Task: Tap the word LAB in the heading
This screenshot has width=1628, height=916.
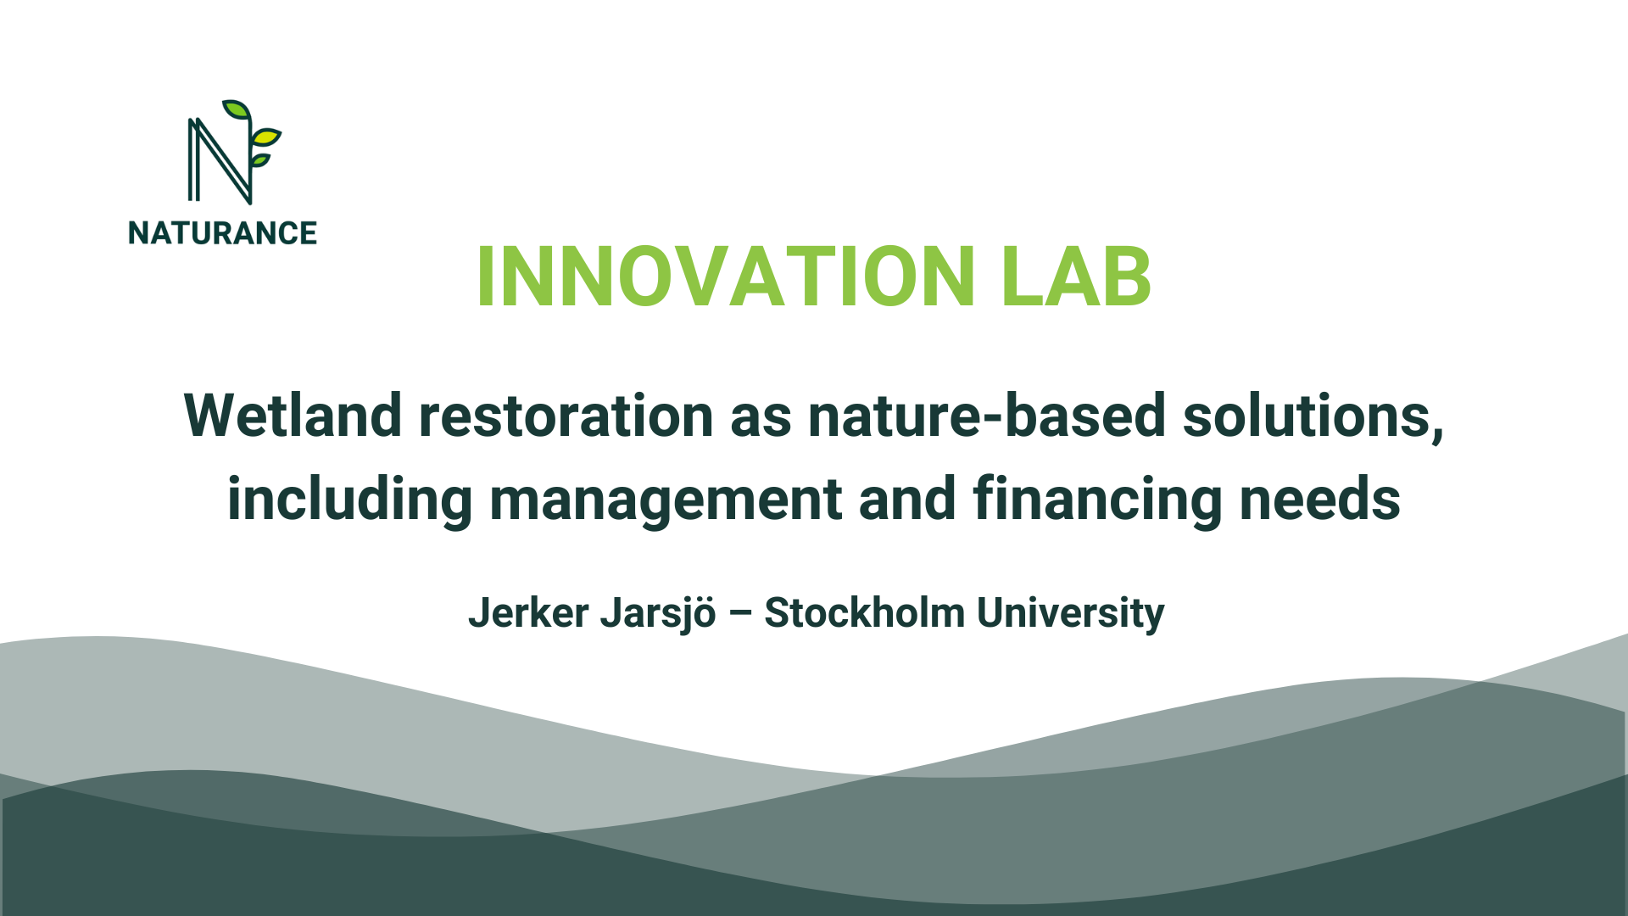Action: [1075, 277]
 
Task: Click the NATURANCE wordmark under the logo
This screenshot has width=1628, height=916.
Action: [222, 233]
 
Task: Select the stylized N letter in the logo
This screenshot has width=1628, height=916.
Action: [219, 161]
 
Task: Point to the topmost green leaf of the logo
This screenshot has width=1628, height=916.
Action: [236, 110]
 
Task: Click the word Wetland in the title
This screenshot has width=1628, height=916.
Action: [293, 416]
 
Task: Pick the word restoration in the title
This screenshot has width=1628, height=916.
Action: [566, 416]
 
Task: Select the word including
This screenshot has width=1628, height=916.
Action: [349, 499]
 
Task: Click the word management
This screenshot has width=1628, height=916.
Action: [666, 499]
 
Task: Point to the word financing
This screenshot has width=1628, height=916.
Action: [1097, 499]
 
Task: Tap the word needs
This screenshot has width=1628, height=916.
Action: [1319, 499]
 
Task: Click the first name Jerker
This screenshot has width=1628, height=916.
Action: [528, 612]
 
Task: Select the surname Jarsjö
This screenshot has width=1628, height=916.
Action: [658, 612]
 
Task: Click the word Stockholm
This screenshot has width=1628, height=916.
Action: [864, 612]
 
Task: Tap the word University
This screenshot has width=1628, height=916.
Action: [1070, 612]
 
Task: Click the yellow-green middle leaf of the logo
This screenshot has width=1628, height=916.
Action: [266, 136]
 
